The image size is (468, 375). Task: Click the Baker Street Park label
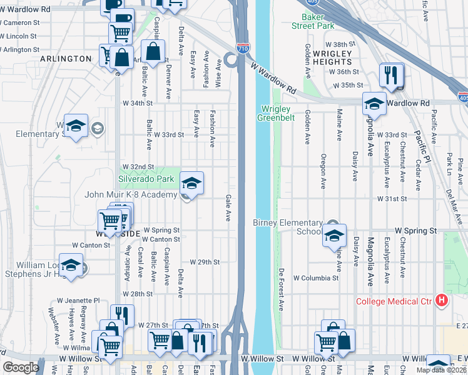[x=313, y=21]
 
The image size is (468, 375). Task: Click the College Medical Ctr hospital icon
[x=442, y=301]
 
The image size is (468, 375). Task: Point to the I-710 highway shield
[x=242, y=47]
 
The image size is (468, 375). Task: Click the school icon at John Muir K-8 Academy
[x=192, y=184]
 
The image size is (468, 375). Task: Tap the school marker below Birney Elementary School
[x=334, y=236]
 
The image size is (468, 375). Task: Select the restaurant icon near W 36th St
[x=391, y=76]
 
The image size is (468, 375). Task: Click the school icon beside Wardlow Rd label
[x=374, y=104]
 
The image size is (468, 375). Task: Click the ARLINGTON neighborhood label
[x=66, y=59]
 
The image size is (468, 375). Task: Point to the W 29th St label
[x=205, y=262]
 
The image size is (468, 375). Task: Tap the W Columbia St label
[x=316, y=277]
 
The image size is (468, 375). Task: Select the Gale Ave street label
[x=228, y=207]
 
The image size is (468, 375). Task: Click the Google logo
[x=21, y=367]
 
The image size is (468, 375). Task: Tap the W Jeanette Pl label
[x=79, y=301]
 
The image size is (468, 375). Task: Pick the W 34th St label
[x=138, y=103]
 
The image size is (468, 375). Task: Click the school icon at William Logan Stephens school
[x=71, y=265]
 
